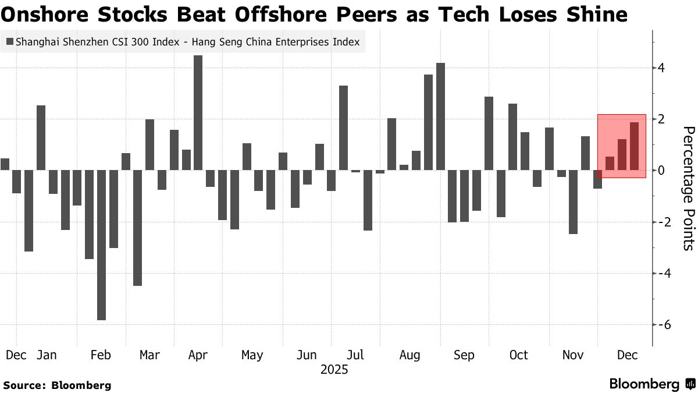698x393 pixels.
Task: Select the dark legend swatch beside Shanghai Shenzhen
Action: pos(10,42)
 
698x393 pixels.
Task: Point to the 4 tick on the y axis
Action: pos(661,68)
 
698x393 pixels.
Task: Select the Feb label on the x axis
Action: pos(101,355)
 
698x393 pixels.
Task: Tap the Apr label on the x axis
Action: pos(198,355)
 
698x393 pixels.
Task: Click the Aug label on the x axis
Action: pos(410,355)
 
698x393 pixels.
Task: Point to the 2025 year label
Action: pos(334,369)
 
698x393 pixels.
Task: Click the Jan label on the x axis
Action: pos(47,355)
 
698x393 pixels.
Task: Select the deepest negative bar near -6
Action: pos(101,245)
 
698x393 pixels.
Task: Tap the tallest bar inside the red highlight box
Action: pos(634,146)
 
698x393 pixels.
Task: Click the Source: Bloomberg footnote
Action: pos(57,385)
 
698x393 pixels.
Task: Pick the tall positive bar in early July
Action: pos(343,128)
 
